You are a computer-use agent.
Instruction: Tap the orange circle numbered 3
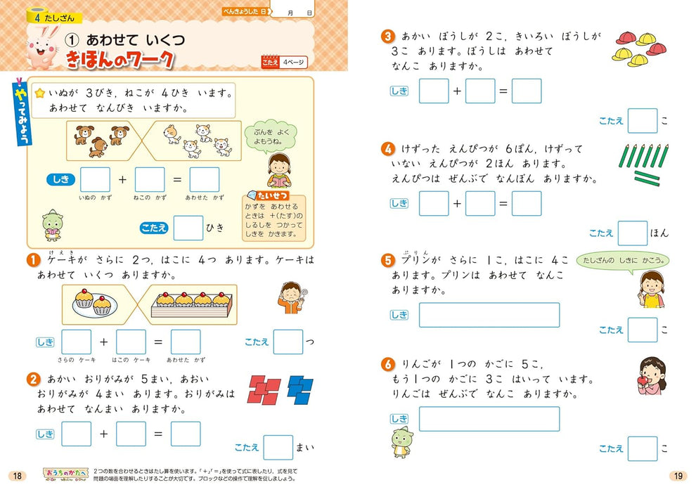click(x=387, y=36)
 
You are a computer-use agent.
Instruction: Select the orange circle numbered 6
click(x=387, y=363)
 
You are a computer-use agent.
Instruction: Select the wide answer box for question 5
click(x=489, y=315)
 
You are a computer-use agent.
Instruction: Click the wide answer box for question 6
click(x=489, y=419)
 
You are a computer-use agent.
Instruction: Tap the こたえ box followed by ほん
click(x=633, y=233)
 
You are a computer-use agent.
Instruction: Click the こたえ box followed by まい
click(x=278, y=447)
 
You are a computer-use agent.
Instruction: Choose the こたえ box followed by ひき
click(x=188, y=228)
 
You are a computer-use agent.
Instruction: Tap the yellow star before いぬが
click(x=40, y=92)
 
